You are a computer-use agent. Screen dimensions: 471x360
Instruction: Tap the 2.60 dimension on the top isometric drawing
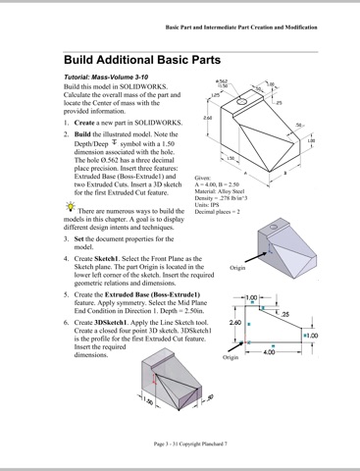[207, 118]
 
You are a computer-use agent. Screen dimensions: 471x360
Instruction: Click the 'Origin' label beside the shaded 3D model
[237, 266]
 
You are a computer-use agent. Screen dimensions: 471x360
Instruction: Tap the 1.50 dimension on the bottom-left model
[149, 401]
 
